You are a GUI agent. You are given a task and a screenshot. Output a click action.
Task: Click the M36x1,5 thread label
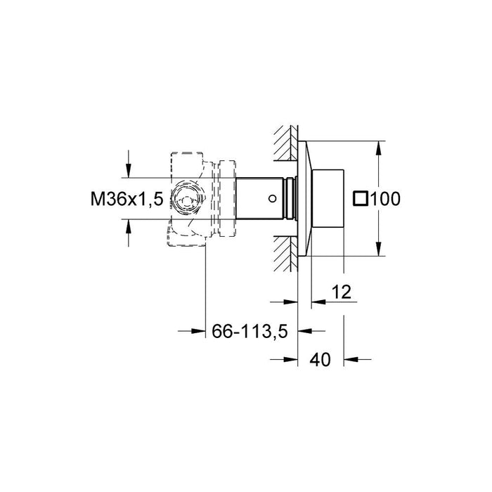pyautogui.click(x=127, y=199)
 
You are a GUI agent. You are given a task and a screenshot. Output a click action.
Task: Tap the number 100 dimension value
pyautogui.click(x=385, y=199)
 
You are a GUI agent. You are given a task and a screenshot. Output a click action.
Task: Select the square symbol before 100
pyautogui.click(x=361, y=199)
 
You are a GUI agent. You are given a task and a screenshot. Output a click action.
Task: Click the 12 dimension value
pyautogui.click(x=342, y=292)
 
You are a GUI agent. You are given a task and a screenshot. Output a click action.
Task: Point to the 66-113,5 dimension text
pyautogui.click(x=250, y=331)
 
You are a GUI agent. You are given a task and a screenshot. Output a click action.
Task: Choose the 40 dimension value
pyautogui.click(x=320, y=360)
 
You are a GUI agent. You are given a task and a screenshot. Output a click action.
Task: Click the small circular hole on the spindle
pyautogui.click(x=273, y=198)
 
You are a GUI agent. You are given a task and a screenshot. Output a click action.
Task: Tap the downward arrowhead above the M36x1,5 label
pyautogui.click(x=128, y=171)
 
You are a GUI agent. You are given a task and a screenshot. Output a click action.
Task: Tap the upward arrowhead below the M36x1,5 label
pyautogui.click(x=128, y=226)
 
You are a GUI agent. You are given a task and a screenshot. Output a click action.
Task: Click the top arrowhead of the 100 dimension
pyautogui.click(x=379, y=148)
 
